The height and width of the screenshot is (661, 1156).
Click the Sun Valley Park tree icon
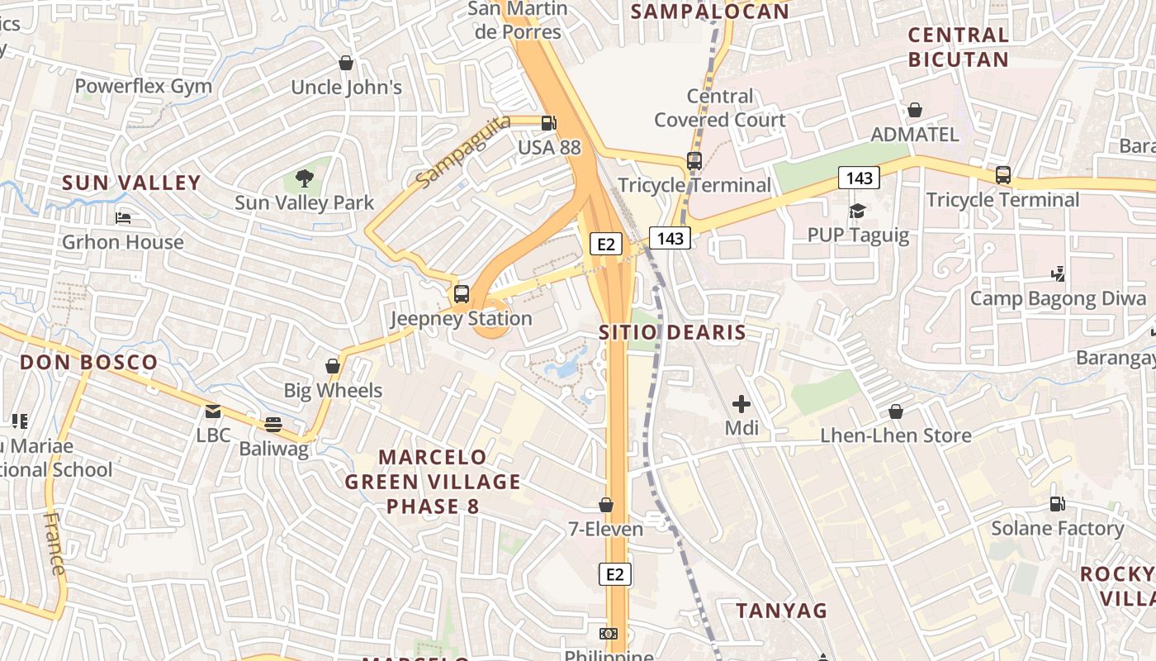coord(305,178)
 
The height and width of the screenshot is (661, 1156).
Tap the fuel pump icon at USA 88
coord(548,123)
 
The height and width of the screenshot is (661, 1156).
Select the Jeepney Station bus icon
coord(462,293)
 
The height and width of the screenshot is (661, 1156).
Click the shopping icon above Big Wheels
coord(333,365)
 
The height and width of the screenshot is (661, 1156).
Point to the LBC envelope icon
coord(213,411)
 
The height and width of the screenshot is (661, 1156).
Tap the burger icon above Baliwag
coord(273,425)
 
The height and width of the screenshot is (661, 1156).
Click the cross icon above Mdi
coord(741,404)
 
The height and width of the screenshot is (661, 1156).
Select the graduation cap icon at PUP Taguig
coord(857,211)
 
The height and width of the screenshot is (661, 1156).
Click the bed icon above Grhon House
coord(123,218)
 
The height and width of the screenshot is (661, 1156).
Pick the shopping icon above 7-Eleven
coord(606,504)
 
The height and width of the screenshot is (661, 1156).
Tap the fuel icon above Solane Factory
coord(1057,503)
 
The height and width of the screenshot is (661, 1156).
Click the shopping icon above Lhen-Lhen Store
coord(896,411)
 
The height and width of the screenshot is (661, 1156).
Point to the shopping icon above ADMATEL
coord(915,109)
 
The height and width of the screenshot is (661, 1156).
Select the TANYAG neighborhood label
coord(781,611)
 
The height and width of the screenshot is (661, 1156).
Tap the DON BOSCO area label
coord(88,362)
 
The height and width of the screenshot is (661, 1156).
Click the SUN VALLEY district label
coord(131,183)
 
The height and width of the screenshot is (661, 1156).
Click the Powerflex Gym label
coord(144,86)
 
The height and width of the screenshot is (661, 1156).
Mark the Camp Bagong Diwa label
coord(1058,298)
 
